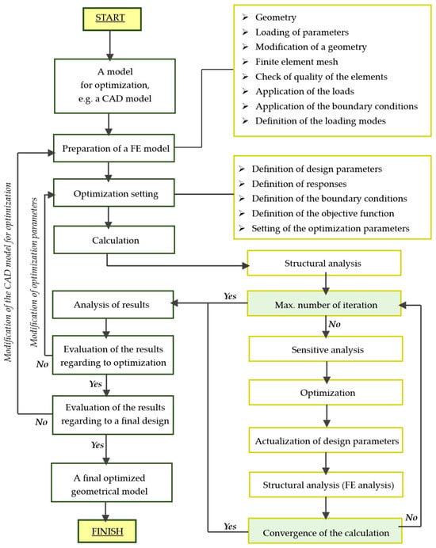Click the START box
[x=112, y=18]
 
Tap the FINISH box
[x=107, y=531]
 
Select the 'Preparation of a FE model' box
[x=113, y=148]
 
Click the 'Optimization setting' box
[x=113, y=193]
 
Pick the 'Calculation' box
[x=114, y=240]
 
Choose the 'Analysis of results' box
[x=113, y=304]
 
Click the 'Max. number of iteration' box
[x=324, y=304]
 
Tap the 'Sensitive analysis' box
[x=326, y=349]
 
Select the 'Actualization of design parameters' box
[x=326, y=440]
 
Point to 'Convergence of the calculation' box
[x=325, y=531]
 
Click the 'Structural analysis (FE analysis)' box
[x=326, y=485]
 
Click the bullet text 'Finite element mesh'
[x=296, y=62]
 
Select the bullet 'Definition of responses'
[x=299, y=184]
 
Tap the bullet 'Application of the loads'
[x=304, y=92]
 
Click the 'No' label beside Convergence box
[x=411, y=517]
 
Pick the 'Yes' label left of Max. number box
[x=230, y=296]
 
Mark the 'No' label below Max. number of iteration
[x=335, y=324]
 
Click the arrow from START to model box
[x=110, y=45]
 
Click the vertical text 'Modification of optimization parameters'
[x=34, y=272]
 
